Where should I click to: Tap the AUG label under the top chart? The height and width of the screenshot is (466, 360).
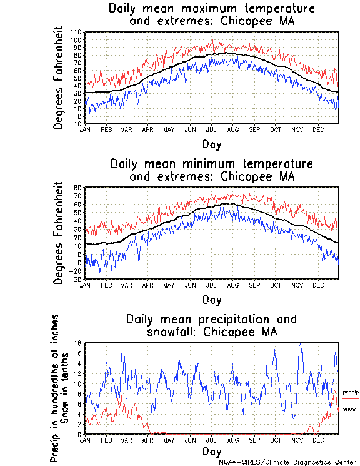coord(233,129)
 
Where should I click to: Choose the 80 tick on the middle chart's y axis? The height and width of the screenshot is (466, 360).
coord(79,187)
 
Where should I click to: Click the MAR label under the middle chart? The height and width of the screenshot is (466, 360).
coord(127,285)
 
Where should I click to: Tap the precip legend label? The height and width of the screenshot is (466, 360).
coord(351,391)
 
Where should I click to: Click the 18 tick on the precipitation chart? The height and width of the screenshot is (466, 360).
coord(79,343)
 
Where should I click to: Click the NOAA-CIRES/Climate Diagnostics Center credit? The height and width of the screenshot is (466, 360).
coord(289,462)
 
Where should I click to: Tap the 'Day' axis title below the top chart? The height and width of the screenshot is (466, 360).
coord(211,144)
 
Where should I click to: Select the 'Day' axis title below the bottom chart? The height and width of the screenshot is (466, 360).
coord(211,451)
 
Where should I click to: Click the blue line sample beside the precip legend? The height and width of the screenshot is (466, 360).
coord(351,382)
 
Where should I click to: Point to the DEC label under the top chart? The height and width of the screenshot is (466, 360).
coord(318,129)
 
